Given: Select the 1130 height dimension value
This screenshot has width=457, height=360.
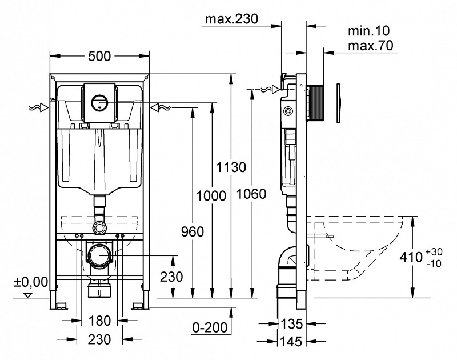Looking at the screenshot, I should coord(231,167).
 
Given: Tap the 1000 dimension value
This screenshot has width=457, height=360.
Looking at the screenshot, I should coord(211,195).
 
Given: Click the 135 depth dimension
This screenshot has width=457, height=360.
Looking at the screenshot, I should coord(291,325).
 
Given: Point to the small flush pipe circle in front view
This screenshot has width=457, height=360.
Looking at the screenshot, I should coord(101,227).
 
